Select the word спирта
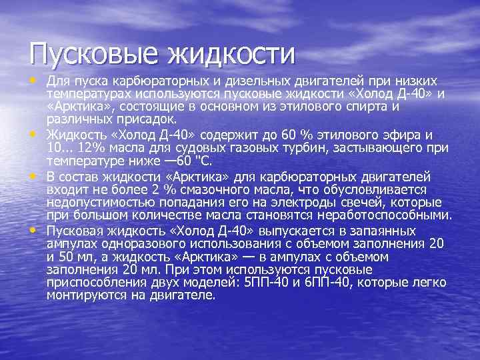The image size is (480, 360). tap(375, 106)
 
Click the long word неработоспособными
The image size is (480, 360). tap(385, 215)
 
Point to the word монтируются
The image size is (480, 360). tap(84, 295)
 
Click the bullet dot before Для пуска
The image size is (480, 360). tap(33, 80)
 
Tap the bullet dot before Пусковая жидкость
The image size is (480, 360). tap(33, 231)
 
